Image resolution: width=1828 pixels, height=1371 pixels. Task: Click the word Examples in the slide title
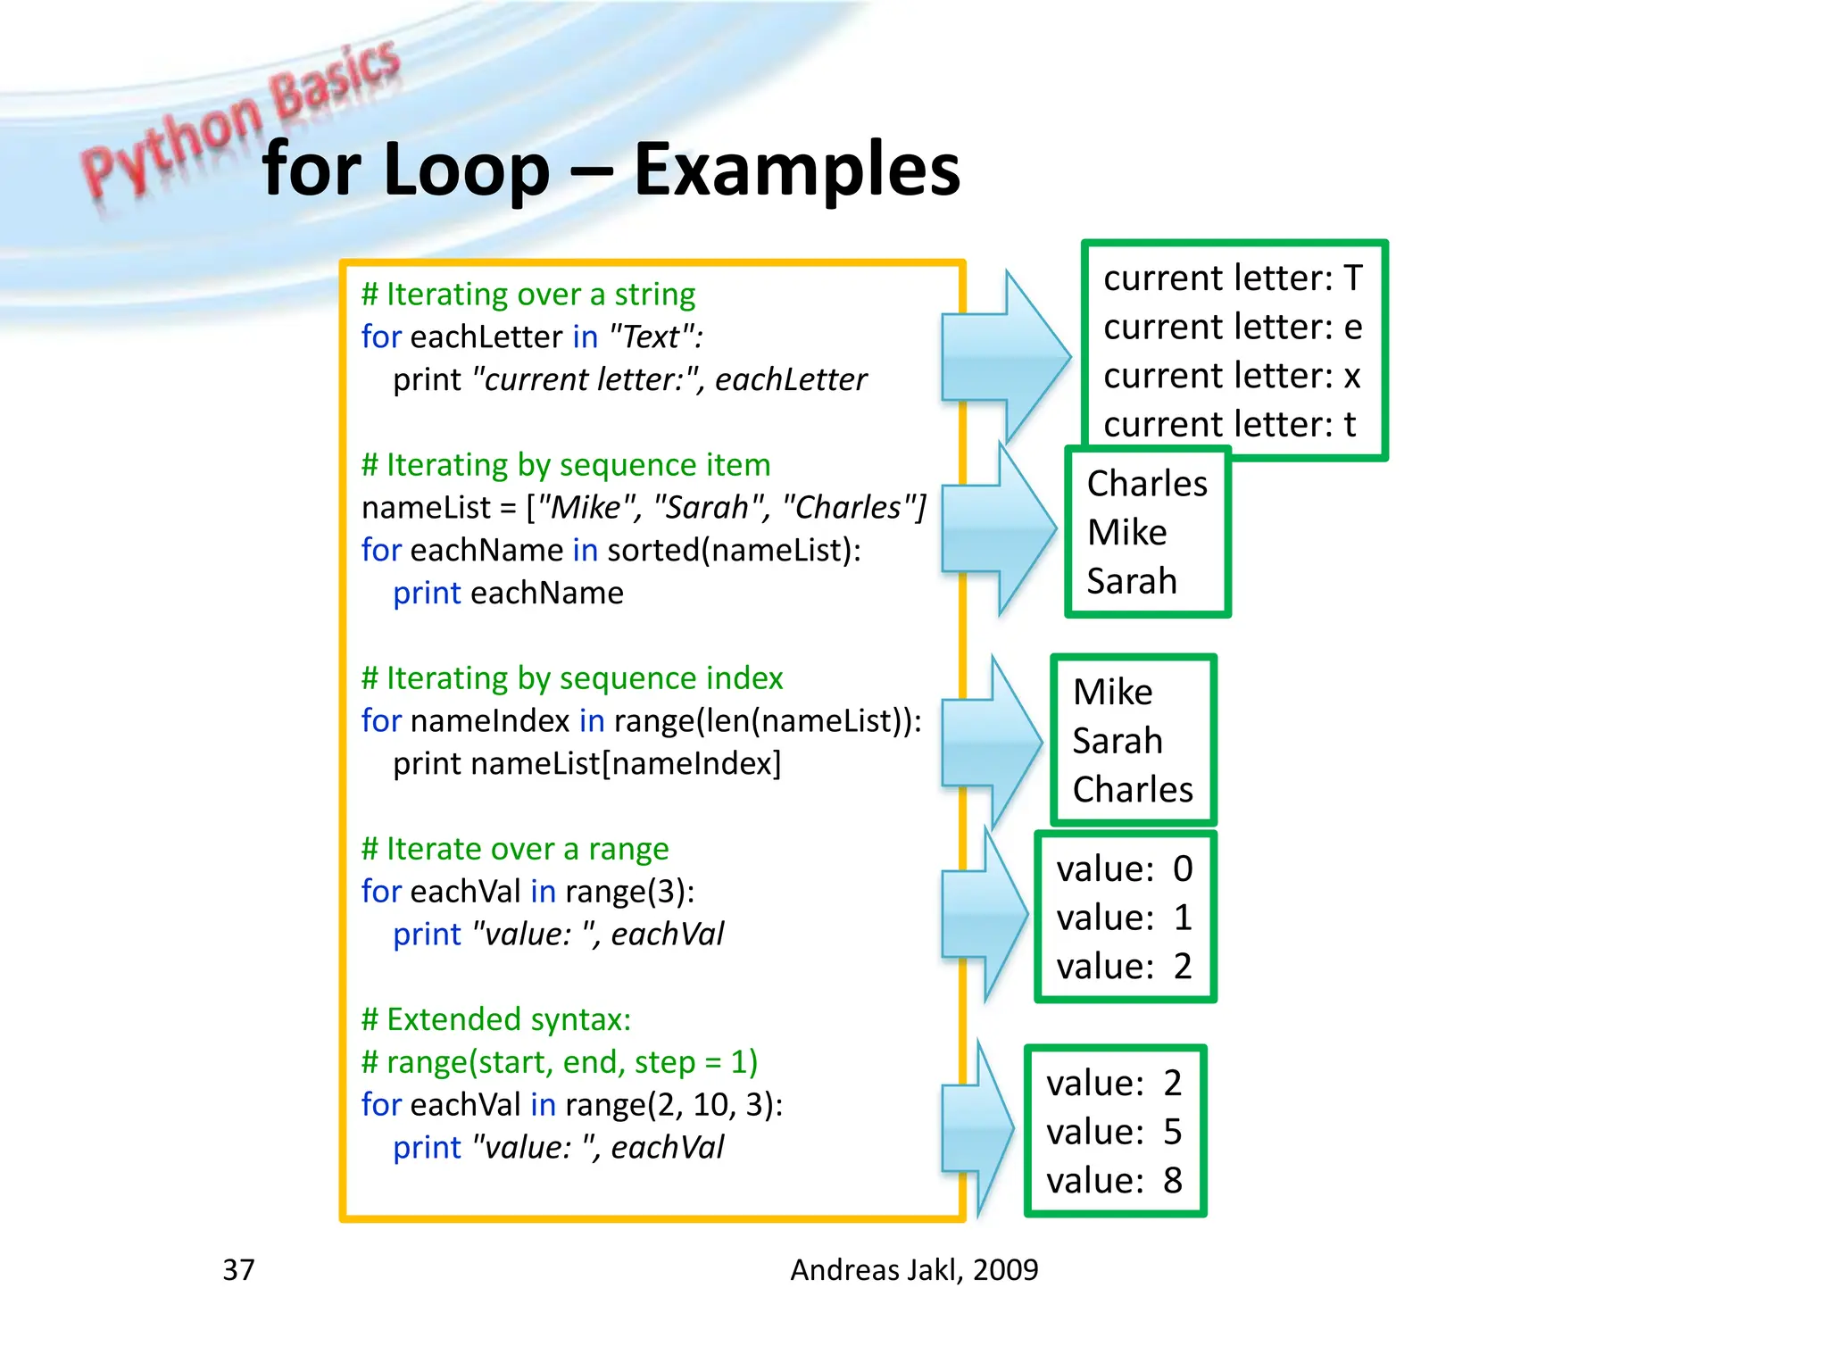pyautogui.click(x=796, y=170)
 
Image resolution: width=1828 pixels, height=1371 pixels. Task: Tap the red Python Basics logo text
pyautogui.click(x=241, y=120)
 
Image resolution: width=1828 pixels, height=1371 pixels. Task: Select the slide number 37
pyautogui.click(x=238, y=1269)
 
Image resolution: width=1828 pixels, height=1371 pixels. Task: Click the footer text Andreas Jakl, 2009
pyautogui.click(x=914, y=1269)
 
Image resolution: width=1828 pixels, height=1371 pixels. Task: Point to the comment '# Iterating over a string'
pyautogui.click(x=528, y=294)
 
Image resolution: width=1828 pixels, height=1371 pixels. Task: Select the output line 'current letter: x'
pyautogui.click(x=1232, y=376)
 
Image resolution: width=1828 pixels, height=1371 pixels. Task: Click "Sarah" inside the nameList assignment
pyautogui.click(x=711, y=507)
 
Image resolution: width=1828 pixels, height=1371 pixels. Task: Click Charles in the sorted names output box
pyautogui.click(x=1147, y=484)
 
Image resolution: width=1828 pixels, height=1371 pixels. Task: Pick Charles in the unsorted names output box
pyautogui.click(x=1133, y=790)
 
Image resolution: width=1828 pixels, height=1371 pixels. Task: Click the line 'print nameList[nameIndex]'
pyautogui.click(x=586, y=763)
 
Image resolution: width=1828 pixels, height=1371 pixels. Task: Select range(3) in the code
pyautogui.click(x=628, y=891)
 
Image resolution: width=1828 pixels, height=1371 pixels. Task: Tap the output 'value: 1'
pyautogui.click(x=1124, y=918)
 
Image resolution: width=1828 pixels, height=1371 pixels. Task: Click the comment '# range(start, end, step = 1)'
pyautogui.click(x=560, y=1062)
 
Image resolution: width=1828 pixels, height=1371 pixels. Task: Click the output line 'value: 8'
pyautogui.click(x=1114, y=1181)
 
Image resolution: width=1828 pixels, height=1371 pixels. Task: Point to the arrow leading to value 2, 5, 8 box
pyautogui.click(x=977, y=1129)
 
